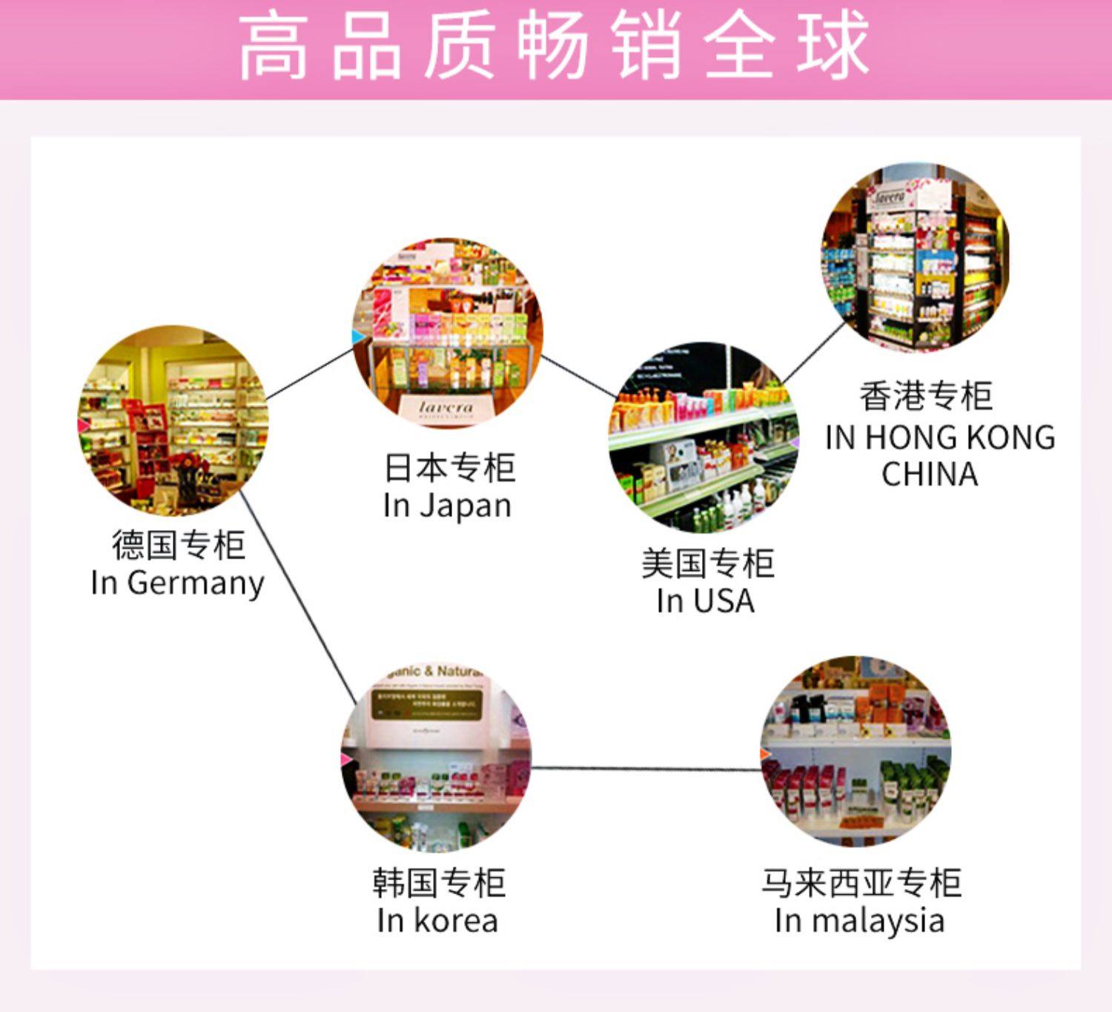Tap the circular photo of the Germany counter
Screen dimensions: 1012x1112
(x=173, y=420)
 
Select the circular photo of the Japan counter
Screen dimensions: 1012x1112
(x=448, y=334)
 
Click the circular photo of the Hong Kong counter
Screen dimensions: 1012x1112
(x=916, y=258)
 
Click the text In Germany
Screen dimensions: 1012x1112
(x=177, y=583)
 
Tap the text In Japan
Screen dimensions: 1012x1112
(x=447, y=506)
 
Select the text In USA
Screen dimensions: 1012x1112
(x=705, y=601)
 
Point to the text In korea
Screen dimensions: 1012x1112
(x=437, y=922)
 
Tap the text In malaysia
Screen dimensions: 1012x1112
(x=859, y=922)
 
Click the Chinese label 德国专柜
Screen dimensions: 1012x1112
(x=178, y=545)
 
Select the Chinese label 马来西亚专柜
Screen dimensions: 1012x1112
(x=861, y=883)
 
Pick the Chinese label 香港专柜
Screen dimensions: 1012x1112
(x=926, y=396)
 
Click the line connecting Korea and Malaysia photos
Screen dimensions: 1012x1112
(x=645, y=768)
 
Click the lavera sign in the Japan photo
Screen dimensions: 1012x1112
(x=446, y=408)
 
